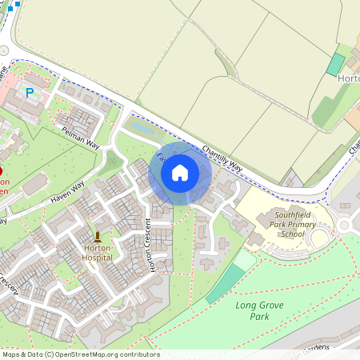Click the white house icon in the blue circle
click(x=180, y=173)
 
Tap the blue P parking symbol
click(x=30, y=93)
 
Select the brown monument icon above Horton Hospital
click(x=98, y=237)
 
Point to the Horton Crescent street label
click(x=150, y=245)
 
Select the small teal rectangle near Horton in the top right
click(x=335, y=65)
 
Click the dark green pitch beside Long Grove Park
click(x=225, y=284)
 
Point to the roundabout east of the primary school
click(x=346, y=225)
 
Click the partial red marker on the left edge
click(x=2, y=171)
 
